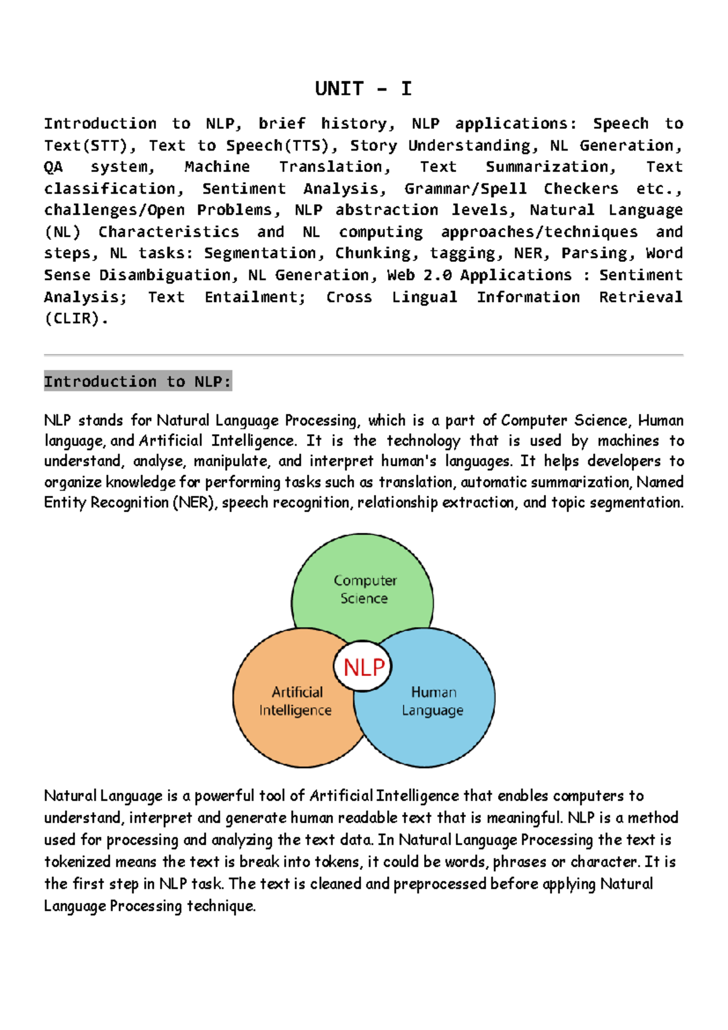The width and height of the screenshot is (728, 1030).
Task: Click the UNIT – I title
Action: tap(363, 89)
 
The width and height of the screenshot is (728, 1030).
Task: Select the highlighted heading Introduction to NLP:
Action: tap(138, 381)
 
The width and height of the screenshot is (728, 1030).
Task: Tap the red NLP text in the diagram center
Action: tap(364, 667)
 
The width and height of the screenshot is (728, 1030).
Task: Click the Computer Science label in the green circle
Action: tap(365, 589)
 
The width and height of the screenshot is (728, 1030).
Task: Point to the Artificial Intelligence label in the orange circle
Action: tap(296, 701)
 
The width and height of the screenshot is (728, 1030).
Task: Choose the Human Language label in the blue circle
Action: tap(433, 701)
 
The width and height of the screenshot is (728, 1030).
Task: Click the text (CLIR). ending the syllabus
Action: tap(76, 319)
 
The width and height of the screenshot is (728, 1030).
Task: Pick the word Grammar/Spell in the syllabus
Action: tap(465, 189)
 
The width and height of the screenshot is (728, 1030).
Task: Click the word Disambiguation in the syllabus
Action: tap(164, 275)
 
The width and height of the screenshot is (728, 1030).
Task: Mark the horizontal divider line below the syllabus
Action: tap(363, 354)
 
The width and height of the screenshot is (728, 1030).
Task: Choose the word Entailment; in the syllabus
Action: tap(255, 298)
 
